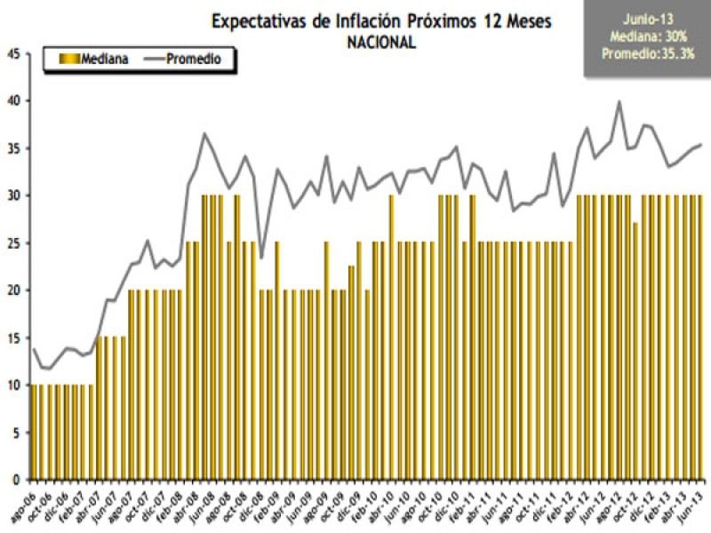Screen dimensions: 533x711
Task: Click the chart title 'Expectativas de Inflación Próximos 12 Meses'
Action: coord(381,21)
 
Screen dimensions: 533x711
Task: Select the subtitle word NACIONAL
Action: coord(381,42)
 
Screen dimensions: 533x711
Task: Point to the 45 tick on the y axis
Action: coord(13,53)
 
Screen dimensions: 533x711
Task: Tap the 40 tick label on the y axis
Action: coord(13,100)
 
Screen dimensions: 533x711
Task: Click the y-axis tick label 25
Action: coord(13,243)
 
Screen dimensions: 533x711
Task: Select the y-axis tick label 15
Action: coord(13,338)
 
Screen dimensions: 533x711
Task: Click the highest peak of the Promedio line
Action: coord(619,101)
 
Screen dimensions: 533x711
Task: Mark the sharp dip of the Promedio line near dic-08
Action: coord(260,258)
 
